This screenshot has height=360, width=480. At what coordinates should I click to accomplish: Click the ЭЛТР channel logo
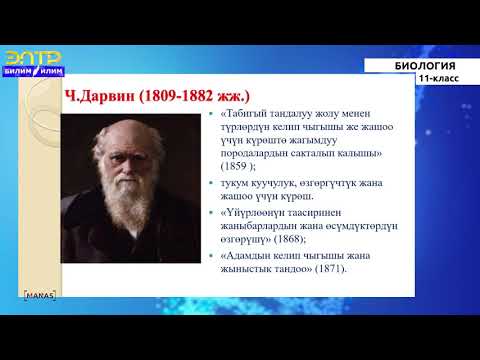[x=34, y=58]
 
